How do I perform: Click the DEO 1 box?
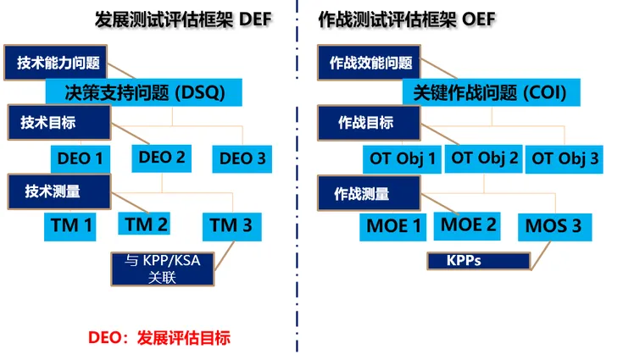pos(81,158)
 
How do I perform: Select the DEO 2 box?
pos(162,158)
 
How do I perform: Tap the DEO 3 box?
pos(242,158)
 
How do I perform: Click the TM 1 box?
pos(70,227)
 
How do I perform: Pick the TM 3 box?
pos(232,227)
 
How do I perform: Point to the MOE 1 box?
pos(393,227)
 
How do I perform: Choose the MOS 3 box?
pos(555,227)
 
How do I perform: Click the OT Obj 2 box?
pos(483,158)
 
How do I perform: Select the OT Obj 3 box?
pos(565,159)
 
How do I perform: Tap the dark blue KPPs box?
pos(479,261)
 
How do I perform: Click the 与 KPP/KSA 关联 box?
pos(163,269)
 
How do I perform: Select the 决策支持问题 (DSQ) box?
pos(144,92)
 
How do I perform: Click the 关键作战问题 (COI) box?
pos(492,92)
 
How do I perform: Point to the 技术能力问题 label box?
pos(56,63)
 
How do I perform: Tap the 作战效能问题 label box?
pos(369,63)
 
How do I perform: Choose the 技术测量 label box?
pos(59,191)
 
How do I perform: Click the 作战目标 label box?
pos(369,123)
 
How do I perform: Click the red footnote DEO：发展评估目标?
pos(159,338)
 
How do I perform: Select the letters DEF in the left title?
pos(255,19)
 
